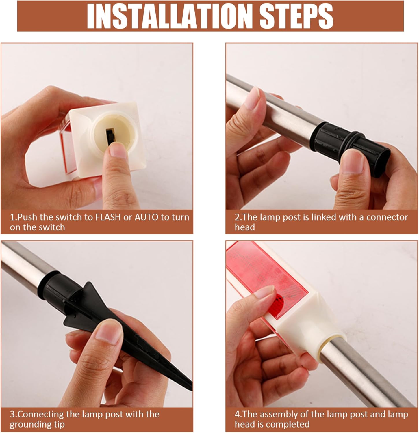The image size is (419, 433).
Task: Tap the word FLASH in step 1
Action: (x=108, y=217)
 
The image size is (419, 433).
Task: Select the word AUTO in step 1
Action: (x=147, y=217)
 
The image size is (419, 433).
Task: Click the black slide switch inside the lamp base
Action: (x=110, y=135)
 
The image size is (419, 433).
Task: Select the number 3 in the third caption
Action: (x=12, y=415)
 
